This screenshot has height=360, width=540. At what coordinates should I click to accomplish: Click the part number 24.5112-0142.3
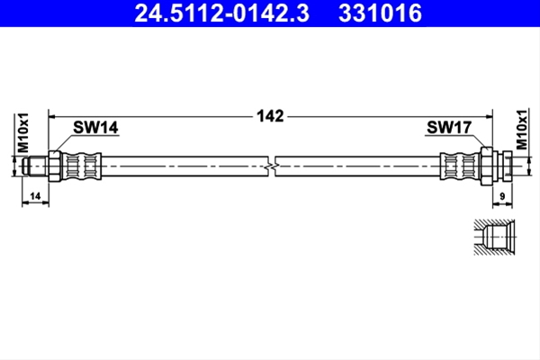[x=222, y=13]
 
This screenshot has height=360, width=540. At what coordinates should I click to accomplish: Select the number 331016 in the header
[x=380, y=13]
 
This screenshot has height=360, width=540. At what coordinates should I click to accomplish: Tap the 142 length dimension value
[x=270, y=116]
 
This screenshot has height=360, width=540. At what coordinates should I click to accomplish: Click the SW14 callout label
[x=95, y=128]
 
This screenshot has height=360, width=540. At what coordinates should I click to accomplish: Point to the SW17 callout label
[x=449, y=128]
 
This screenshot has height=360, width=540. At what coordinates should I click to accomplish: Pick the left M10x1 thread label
[x=23, y=132]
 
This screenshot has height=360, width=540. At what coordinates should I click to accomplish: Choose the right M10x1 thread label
[x=522, y=130]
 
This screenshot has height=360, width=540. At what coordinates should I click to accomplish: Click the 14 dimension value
[x=35, y=196]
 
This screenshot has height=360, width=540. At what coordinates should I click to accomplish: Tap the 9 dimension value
[x=502, y=196]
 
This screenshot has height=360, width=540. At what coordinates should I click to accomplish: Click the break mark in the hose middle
[x=272, y=166]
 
